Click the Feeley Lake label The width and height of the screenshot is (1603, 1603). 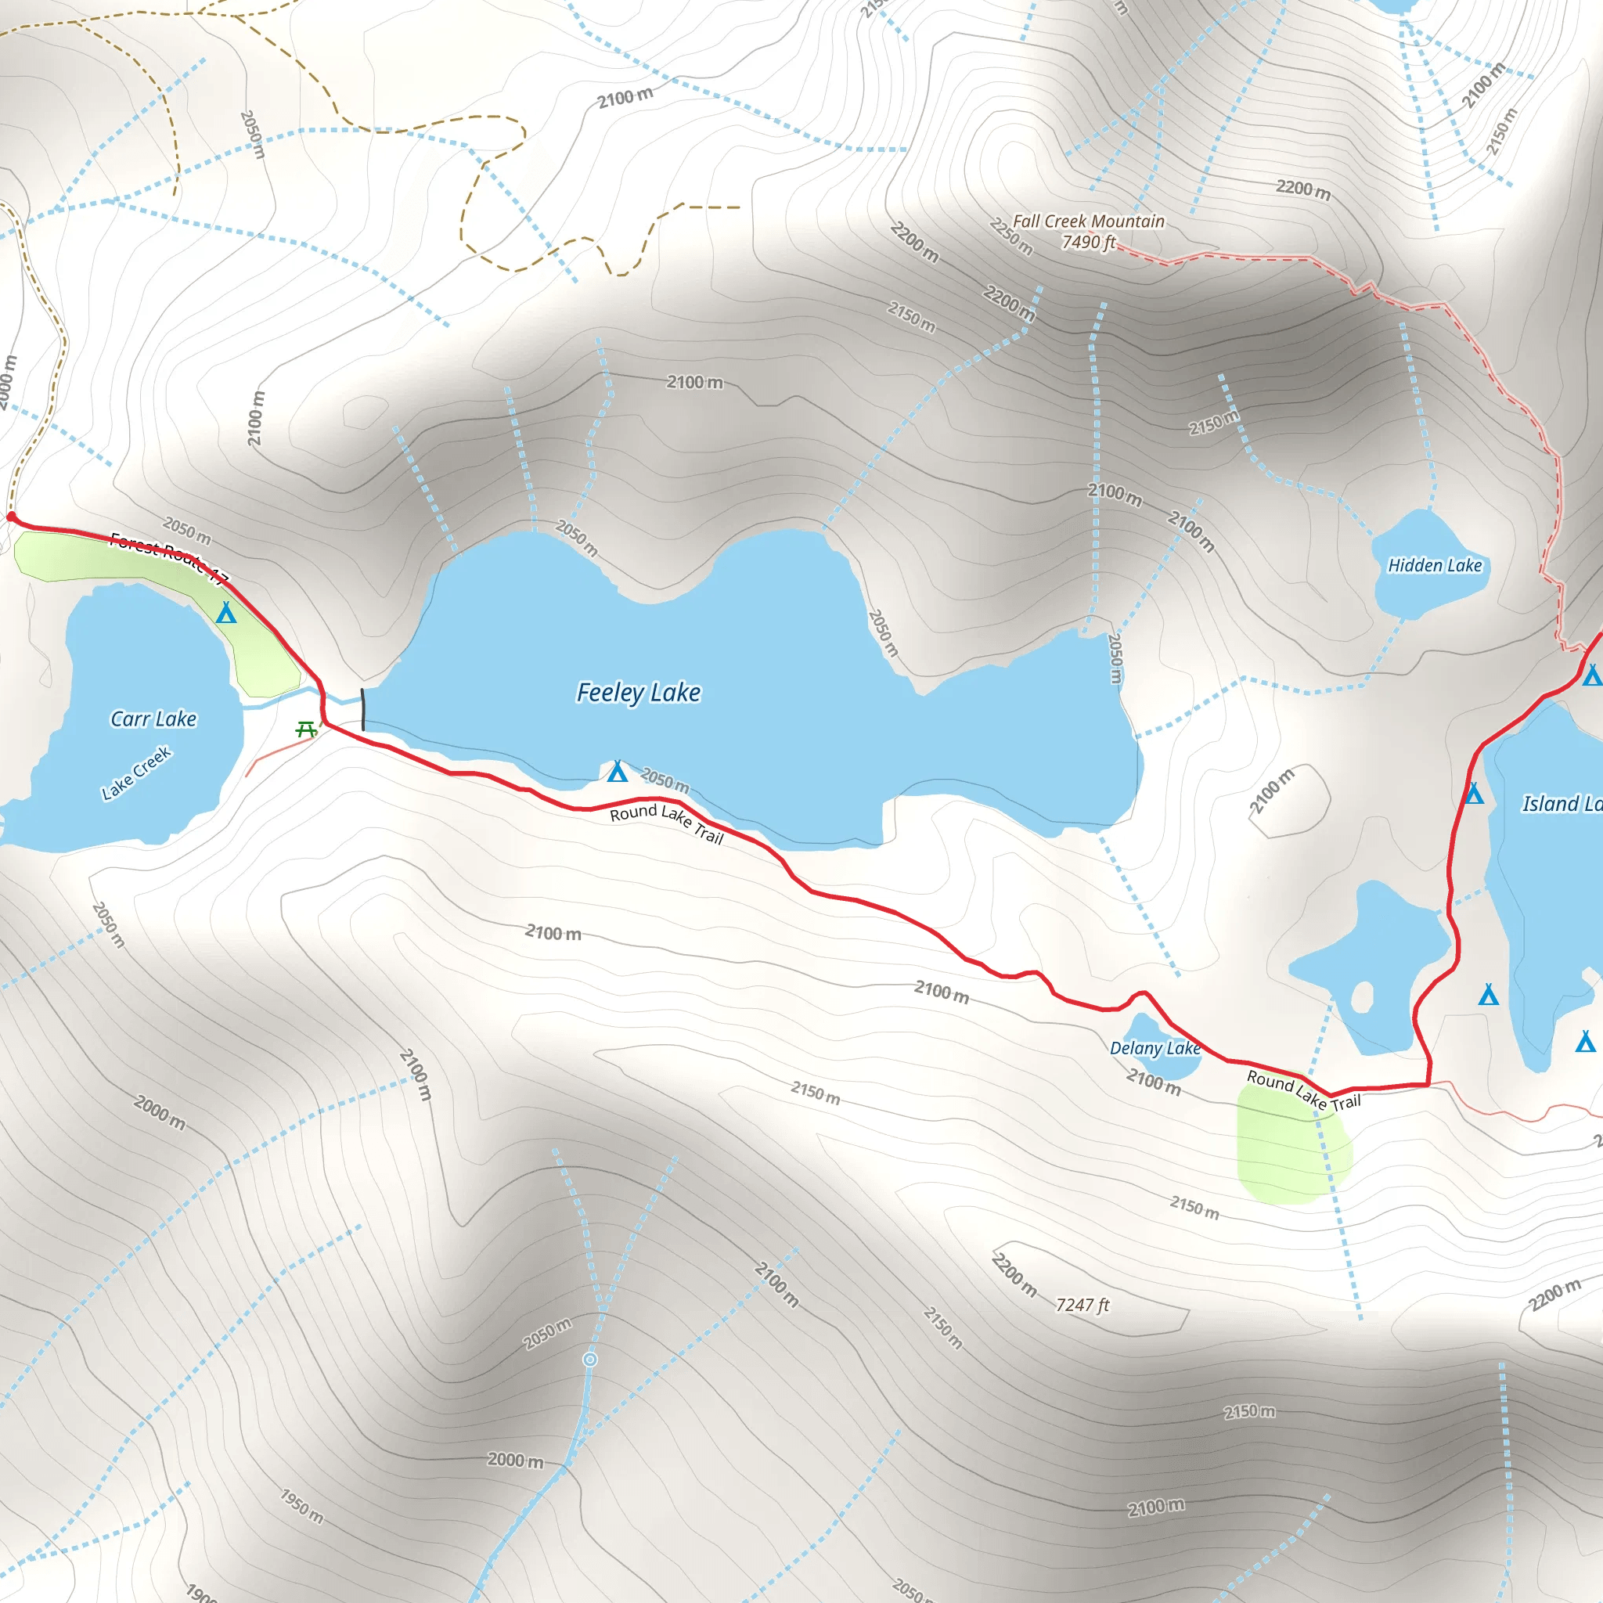pos(638,693)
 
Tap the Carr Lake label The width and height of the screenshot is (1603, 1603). pos(153,719)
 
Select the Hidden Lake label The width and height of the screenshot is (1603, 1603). pos(1435,566)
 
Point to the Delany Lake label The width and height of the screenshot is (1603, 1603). pos(1155,1049)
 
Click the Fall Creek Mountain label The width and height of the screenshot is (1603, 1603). pos(1088,222)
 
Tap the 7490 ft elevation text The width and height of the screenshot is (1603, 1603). pos(1088,243)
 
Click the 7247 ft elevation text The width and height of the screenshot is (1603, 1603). pos(1082,1305)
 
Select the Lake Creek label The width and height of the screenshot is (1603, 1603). pos(136,774)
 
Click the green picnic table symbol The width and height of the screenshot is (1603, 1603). pos(306,730)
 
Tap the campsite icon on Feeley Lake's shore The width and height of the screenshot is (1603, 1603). pos(618,772)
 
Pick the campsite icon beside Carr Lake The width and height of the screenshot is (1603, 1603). pos(225,613)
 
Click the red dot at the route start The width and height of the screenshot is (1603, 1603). pos(12,517)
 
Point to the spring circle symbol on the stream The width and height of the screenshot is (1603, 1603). pos(590,1359)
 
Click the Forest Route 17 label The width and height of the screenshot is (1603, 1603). pos(169,557)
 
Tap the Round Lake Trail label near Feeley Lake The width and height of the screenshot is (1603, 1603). pos(667,823)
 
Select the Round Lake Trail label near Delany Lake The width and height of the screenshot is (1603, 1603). pos(1303,1090)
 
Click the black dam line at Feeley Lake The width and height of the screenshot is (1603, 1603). pos(362,709)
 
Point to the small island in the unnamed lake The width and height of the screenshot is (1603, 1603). pos(1362,996)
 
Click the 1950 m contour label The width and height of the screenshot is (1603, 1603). pos(301,1506)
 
